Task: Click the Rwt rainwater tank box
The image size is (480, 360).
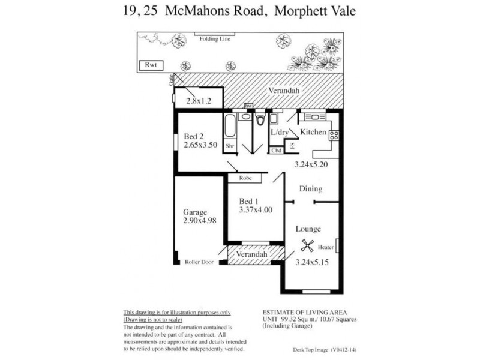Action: click(x=147, y=64)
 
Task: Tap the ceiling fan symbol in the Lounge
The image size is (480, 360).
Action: click(x=307, y=245)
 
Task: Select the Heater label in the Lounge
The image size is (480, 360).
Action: click(x=326, y=246)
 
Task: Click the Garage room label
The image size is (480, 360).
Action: click(x=195, y=212)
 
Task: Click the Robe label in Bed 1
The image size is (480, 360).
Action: click(x=245, y=179)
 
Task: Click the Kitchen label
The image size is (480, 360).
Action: click(x=313, y=132)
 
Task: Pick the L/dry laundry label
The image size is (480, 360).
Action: click(x=280, y=133)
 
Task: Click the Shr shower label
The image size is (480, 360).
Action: click(x=229, y=145)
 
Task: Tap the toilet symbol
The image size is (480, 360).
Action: click(x=259, y=122)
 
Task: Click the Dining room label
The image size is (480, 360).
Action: click(x=310, y=189)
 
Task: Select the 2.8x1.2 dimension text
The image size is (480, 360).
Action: click(x=199, y=101)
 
